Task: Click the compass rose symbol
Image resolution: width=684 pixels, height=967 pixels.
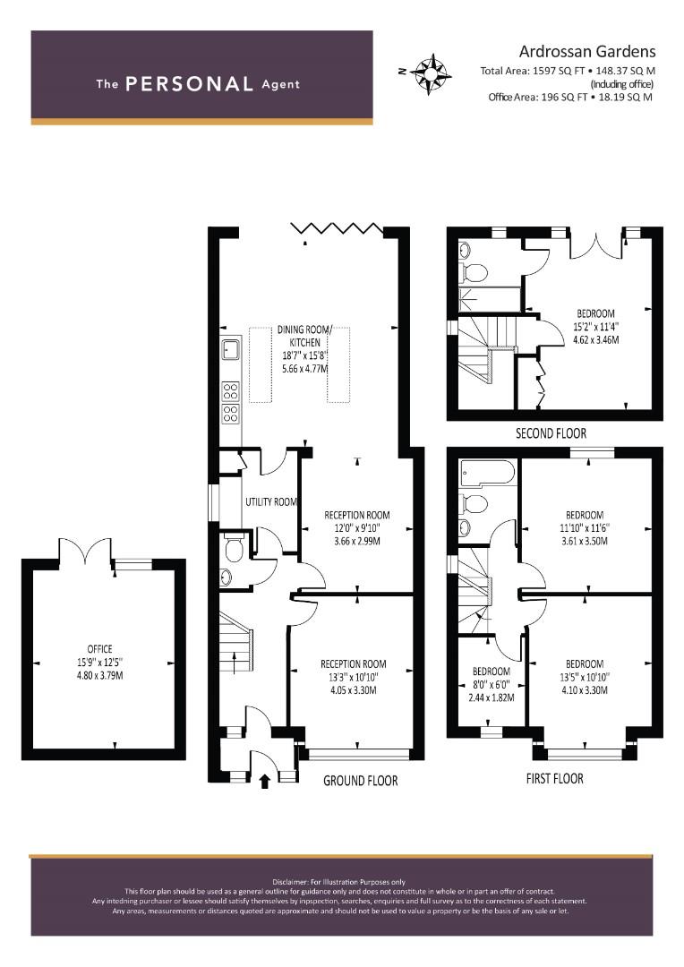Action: [x=431, y=74]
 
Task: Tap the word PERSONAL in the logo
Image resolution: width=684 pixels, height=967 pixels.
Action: [x=189, y=84]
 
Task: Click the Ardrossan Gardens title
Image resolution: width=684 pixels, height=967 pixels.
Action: [x=587, y=51]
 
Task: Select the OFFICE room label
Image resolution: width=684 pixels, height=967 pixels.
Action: [x=100, y=649]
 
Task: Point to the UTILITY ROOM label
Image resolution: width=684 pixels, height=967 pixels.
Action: [x=271, y=502]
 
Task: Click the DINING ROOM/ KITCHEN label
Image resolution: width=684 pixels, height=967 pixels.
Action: [x=304, y=336]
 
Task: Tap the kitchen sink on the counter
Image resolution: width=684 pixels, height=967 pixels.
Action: [x=231, y=349]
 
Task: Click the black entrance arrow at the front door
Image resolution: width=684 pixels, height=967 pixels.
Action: [x=265, y=782]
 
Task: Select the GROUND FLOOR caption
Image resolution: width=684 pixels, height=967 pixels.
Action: [x=361, y=781]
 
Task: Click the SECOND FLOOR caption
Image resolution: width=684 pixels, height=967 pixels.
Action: [x=551, y=433]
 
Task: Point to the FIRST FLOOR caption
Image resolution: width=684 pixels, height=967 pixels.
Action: [x=554, y=778]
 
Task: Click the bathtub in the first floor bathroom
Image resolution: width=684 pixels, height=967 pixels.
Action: [x=487, y=474]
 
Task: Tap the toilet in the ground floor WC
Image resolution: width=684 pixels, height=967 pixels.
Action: [x=233, y=548]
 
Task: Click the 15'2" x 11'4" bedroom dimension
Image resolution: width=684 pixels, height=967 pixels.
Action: [x=595, y=327]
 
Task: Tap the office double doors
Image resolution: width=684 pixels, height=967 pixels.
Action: [x=85, y=549]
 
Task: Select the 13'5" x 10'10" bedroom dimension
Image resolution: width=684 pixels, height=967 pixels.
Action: [x=585, y=677]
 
